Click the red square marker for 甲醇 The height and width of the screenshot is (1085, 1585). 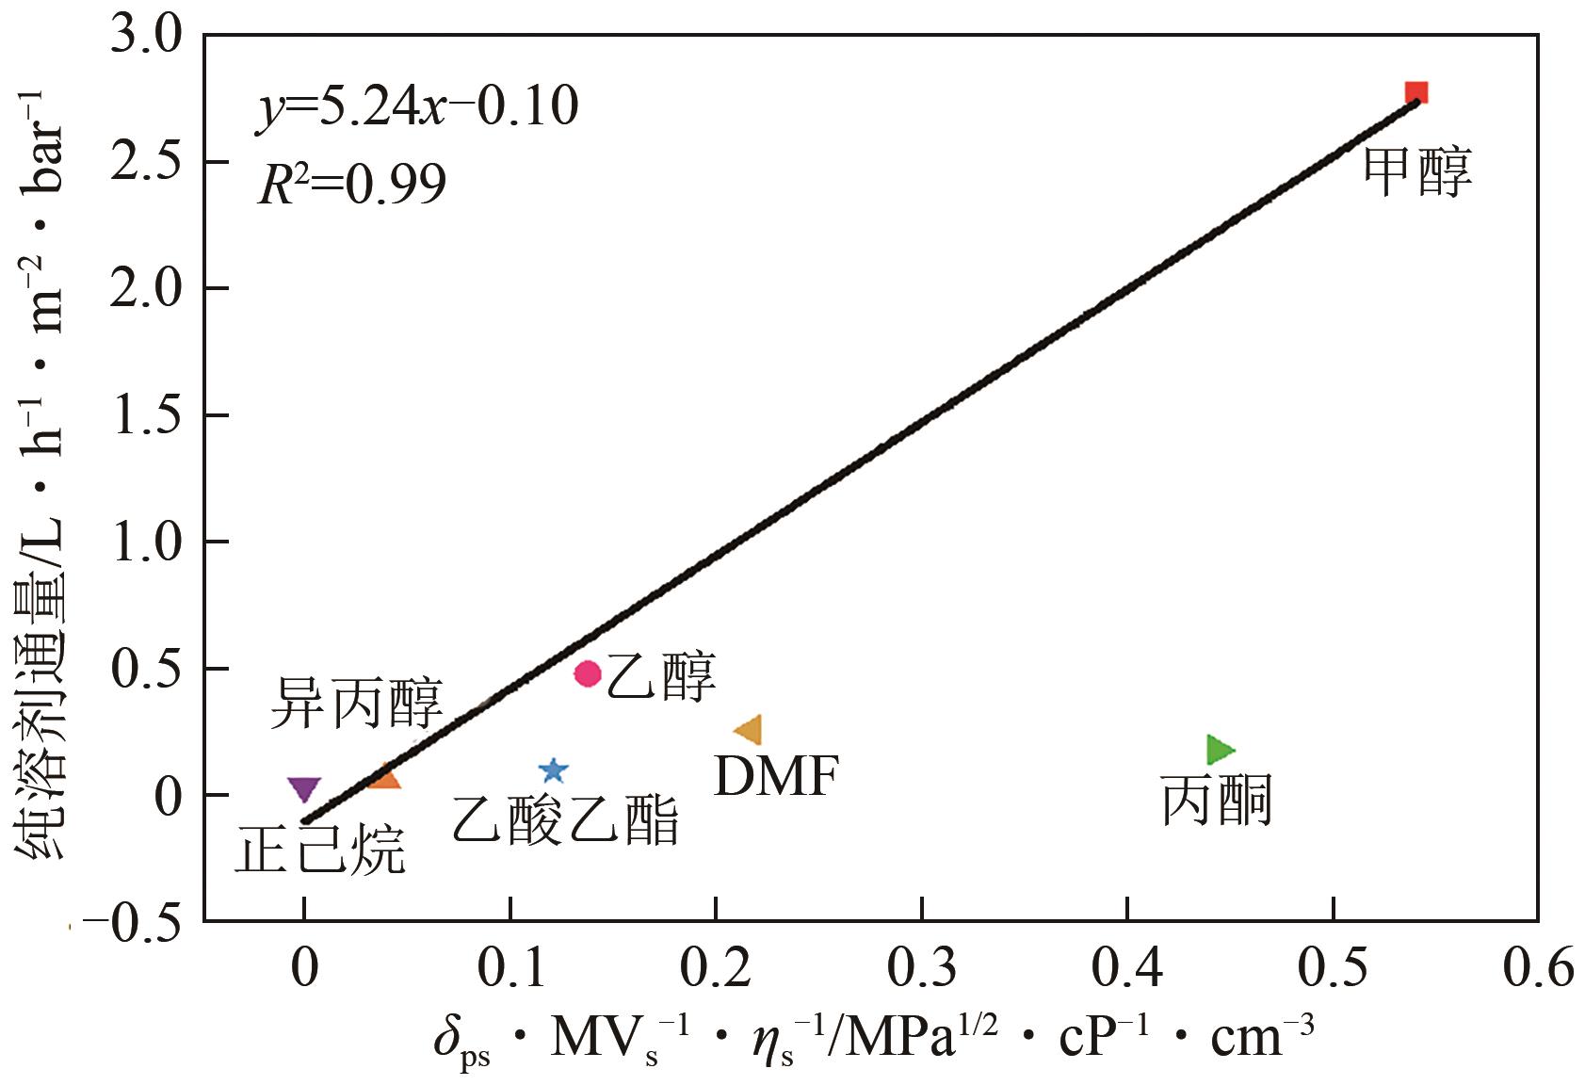1415,92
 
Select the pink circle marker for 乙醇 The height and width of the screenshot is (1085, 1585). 588,673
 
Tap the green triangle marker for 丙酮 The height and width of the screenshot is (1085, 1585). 1220,750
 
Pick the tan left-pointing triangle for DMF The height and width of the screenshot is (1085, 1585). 749,730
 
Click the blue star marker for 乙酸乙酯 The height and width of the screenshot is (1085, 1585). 554,770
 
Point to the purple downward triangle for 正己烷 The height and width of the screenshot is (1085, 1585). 304,789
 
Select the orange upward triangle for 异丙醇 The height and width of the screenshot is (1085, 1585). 384,777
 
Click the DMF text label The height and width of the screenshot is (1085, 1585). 776,777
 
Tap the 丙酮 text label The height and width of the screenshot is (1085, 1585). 1216,802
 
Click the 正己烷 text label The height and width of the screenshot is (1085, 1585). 319,850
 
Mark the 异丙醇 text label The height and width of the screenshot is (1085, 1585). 356,704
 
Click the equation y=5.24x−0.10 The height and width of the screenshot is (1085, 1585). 417,105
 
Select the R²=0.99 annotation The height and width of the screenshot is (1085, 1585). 351,185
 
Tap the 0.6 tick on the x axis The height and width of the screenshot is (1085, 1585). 1538,967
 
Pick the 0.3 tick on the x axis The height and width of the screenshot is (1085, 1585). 921,967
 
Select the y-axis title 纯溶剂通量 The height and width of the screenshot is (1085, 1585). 42,471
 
